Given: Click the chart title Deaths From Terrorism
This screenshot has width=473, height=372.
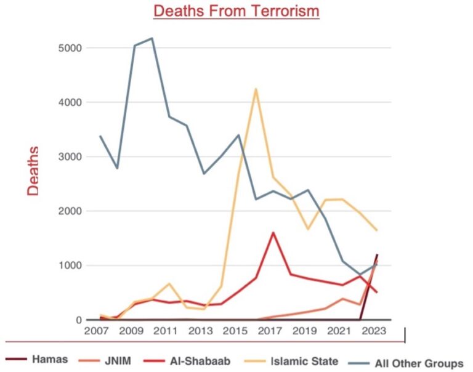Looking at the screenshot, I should pyautogui.click(x=236, y=11).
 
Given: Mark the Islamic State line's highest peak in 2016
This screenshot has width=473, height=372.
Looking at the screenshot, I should pyautogui.click(x=256, y=89).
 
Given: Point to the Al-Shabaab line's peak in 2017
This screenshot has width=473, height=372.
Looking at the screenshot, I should pyautogui.click(x=273, y=233).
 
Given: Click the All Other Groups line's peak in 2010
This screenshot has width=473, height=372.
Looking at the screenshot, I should pyautogui.click(x=152, y=38).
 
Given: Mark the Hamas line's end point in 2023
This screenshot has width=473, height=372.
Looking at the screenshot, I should pyautogui.click(x=377, y=254).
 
